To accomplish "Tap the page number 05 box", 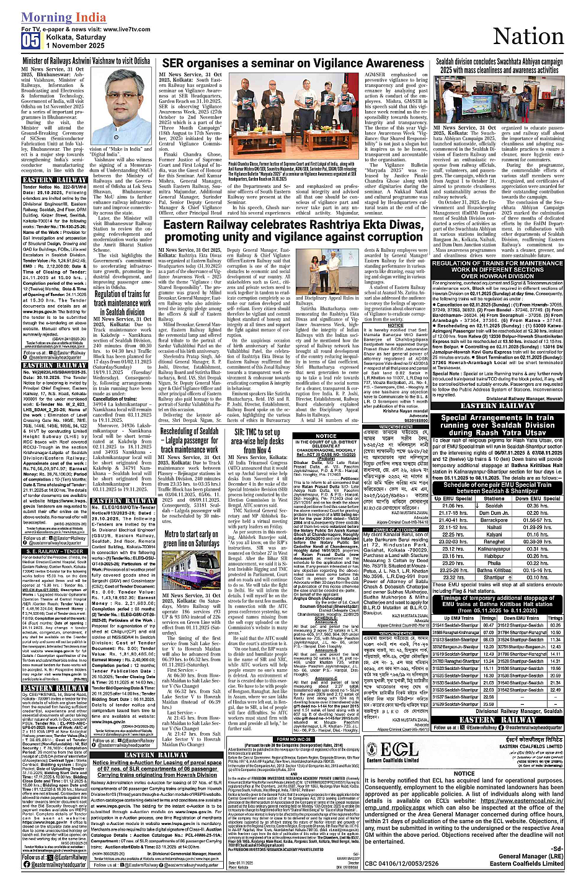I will click(x=30, y=41).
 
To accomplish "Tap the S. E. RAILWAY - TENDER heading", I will click(x=55, y=550).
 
